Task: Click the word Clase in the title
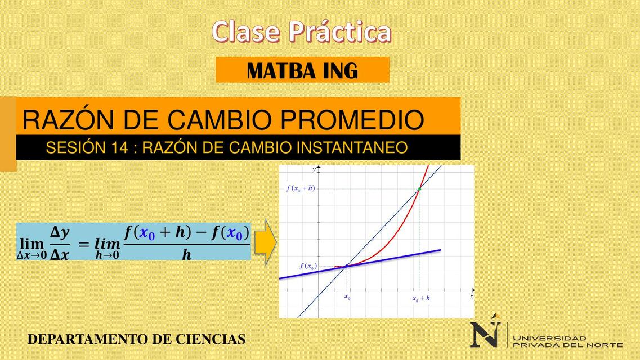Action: (x=246, y=32)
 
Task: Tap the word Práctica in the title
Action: (x=340, y=32)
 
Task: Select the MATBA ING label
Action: (x=302, y=70)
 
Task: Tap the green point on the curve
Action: (x=419, y=189)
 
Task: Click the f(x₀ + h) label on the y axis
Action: (x=300, y=188)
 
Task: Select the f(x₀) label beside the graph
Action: (x=308, y=266)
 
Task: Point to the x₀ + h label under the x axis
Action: (x=421, y=299)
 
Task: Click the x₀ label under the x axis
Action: (x=347, y=297)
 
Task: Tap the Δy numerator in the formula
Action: (x=59, y=232)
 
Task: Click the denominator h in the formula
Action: (x=186, y=255)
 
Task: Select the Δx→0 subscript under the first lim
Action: (x=32, y=255)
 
